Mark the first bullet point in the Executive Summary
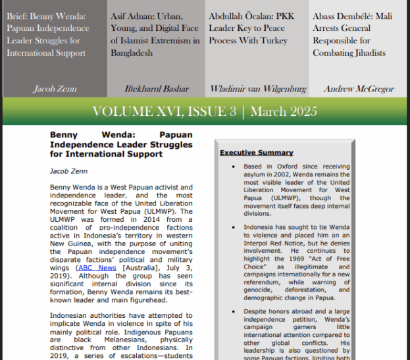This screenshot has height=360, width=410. click(x=233, y=167)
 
